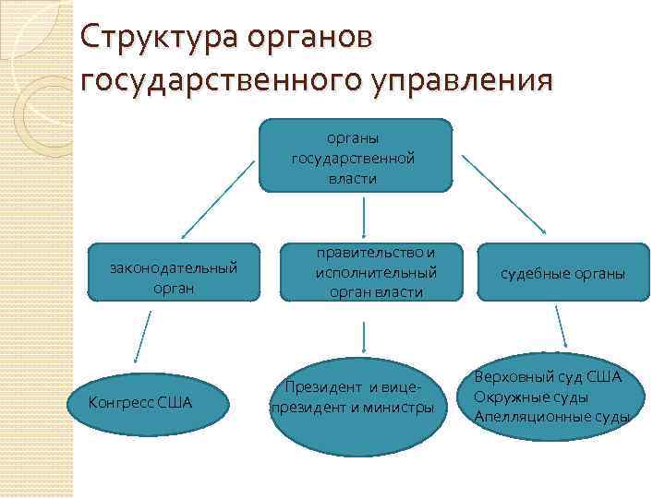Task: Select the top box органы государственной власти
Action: coord(355,155)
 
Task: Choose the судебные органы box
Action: coord(562,274)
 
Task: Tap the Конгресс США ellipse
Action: coord(139,403)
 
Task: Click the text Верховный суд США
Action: coord(549,378)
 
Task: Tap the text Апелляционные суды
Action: coord(551,417)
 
